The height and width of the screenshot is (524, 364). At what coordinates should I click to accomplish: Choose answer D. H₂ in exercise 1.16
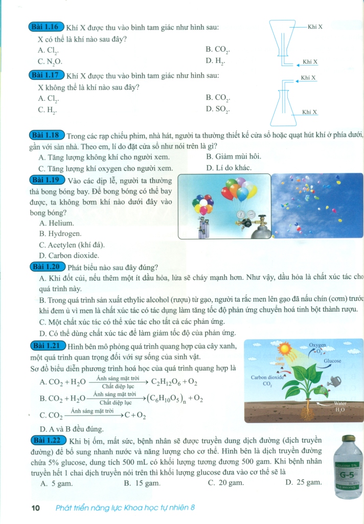tap(215, 61)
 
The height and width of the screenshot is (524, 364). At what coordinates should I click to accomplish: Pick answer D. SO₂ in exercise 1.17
tap(218, 109)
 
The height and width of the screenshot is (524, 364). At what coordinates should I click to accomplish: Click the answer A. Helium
tap(56, 223)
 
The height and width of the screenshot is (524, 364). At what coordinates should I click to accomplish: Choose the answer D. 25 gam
tap(303, 482)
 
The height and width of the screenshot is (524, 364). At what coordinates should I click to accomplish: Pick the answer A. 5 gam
tap(56, 482)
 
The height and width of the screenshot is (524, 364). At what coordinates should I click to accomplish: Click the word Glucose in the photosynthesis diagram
tap(332, 361)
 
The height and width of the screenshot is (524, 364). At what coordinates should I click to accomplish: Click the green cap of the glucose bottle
tap(349, 439)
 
